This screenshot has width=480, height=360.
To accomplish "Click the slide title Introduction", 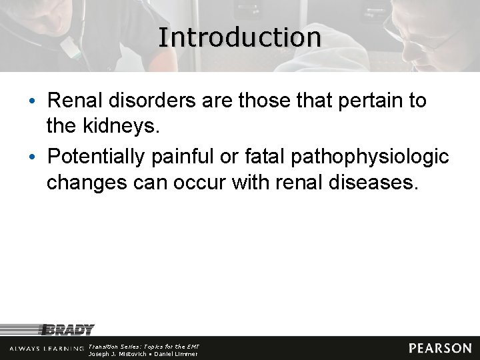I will (x=240, y=37).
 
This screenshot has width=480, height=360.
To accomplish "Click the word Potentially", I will (x=97, y=157).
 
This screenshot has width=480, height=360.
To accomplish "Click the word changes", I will (x=85, y=183).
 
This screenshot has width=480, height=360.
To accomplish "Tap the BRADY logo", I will (x=67, y=329).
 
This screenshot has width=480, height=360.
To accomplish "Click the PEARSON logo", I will (x=440, y=348).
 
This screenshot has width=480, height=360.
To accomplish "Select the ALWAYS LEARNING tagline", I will (x=47, y=349).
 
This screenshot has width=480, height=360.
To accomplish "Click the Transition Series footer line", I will (x=144, y=347).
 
